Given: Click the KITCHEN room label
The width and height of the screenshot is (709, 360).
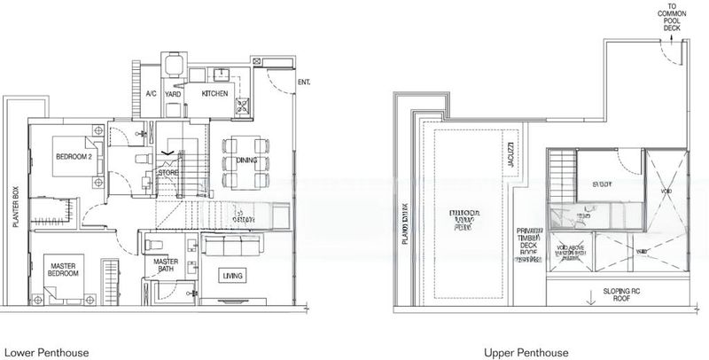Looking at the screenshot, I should [216, 93].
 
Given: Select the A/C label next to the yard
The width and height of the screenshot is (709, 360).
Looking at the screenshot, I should [151, 93].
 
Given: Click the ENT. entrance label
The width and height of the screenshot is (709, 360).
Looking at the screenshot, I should [305, 82].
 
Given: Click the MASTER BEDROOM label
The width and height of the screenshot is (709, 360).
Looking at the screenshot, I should [62, 269].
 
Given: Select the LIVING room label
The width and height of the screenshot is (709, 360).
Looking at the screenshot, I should [233, 275].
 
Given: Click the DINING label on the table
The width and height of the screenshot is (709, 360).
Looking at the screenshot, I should [245, 161].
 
